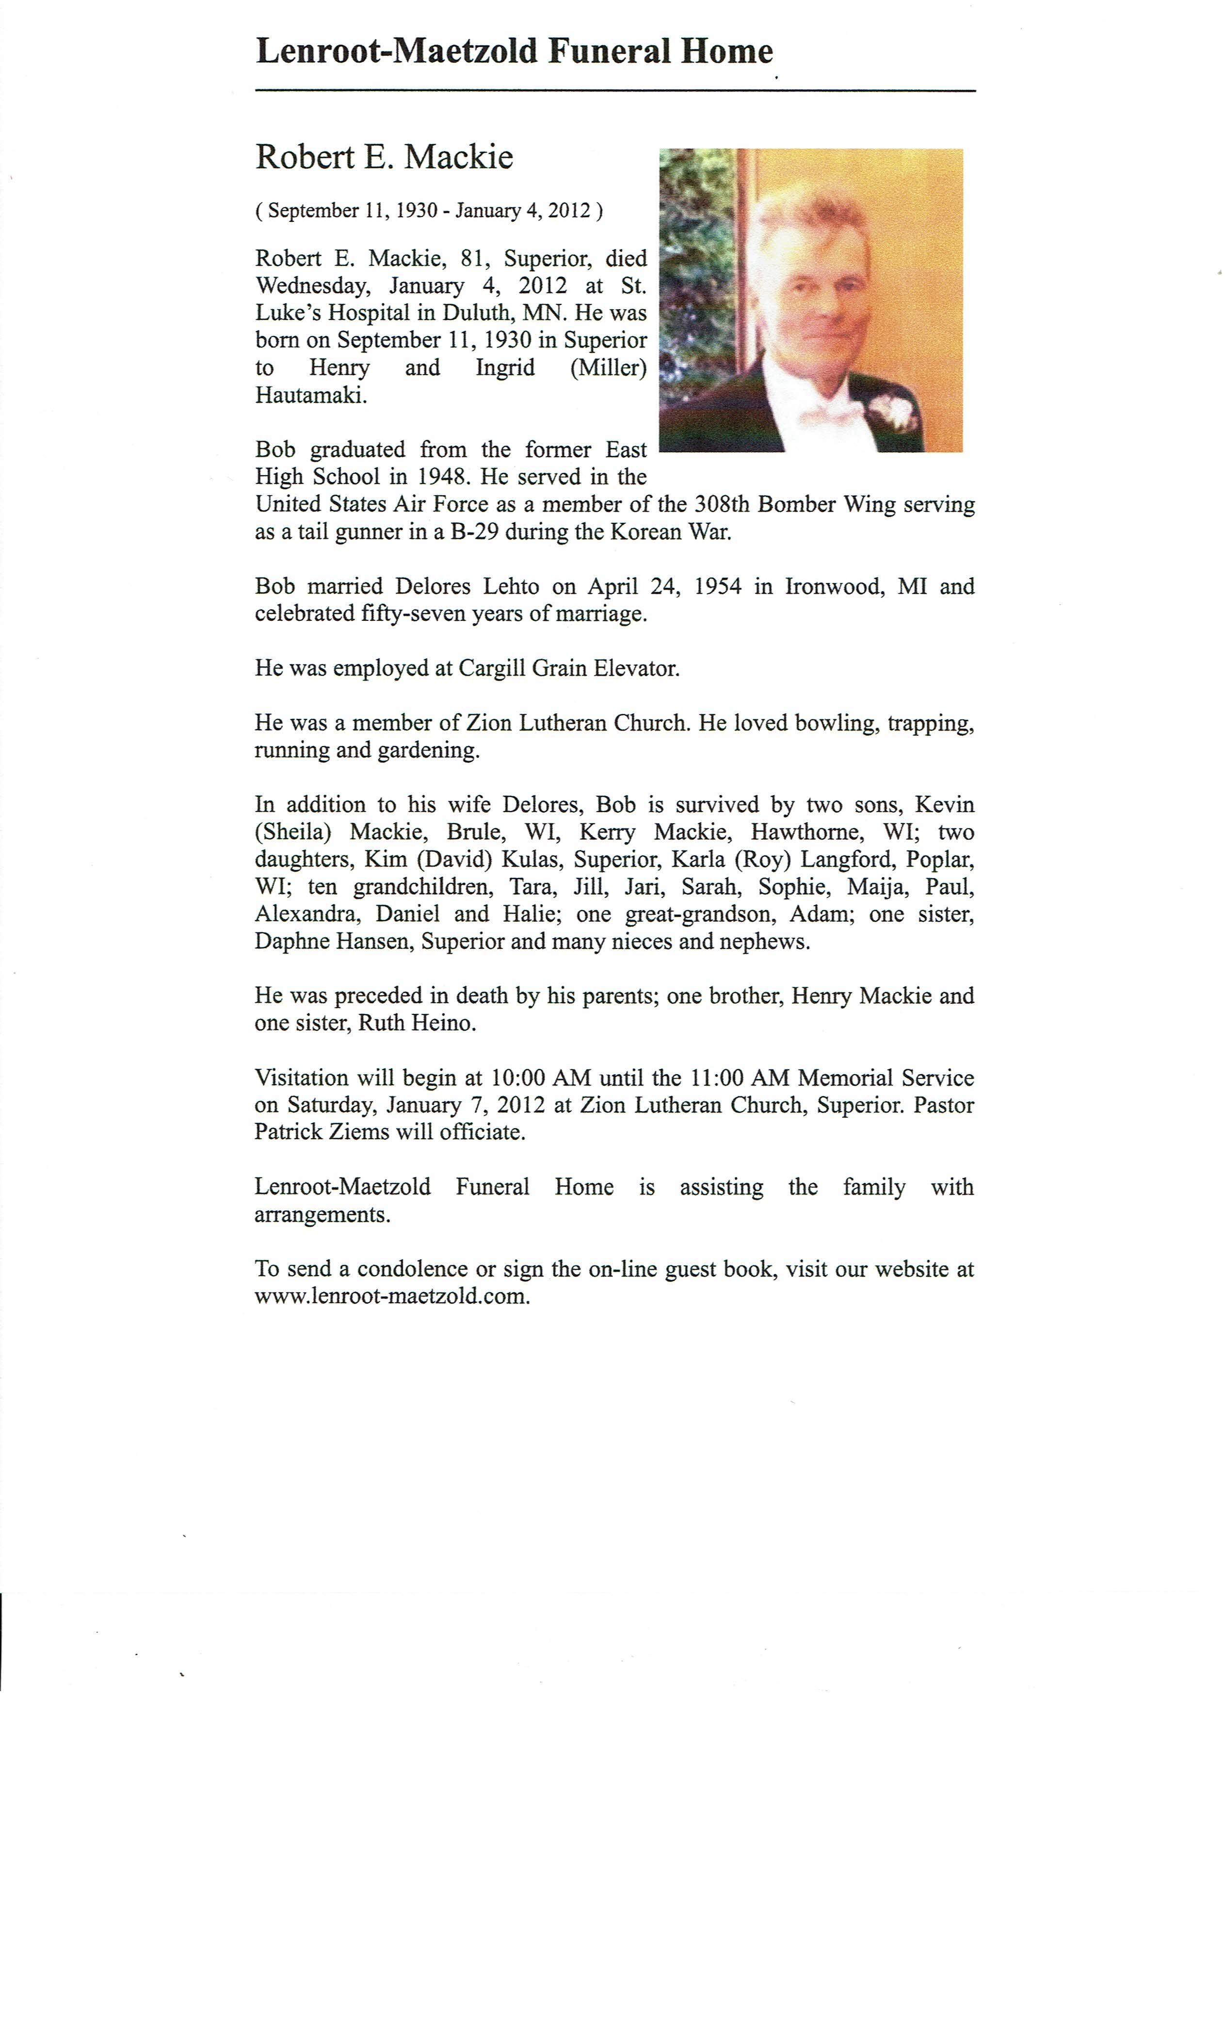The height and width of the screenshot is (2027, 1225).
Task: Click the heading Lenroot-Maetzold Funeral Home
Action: (514, 51)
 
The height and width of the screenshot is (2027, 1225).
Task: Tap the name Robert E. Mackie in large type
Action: (384, 156)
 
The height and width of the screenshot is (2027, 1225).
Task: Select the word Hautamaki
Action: (310, 395)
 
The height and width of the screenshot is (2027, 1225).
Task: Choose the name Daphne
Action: (290, 941)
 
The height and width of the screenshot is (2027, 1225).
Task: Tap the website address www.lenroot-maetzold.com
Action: (391, 1296)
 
